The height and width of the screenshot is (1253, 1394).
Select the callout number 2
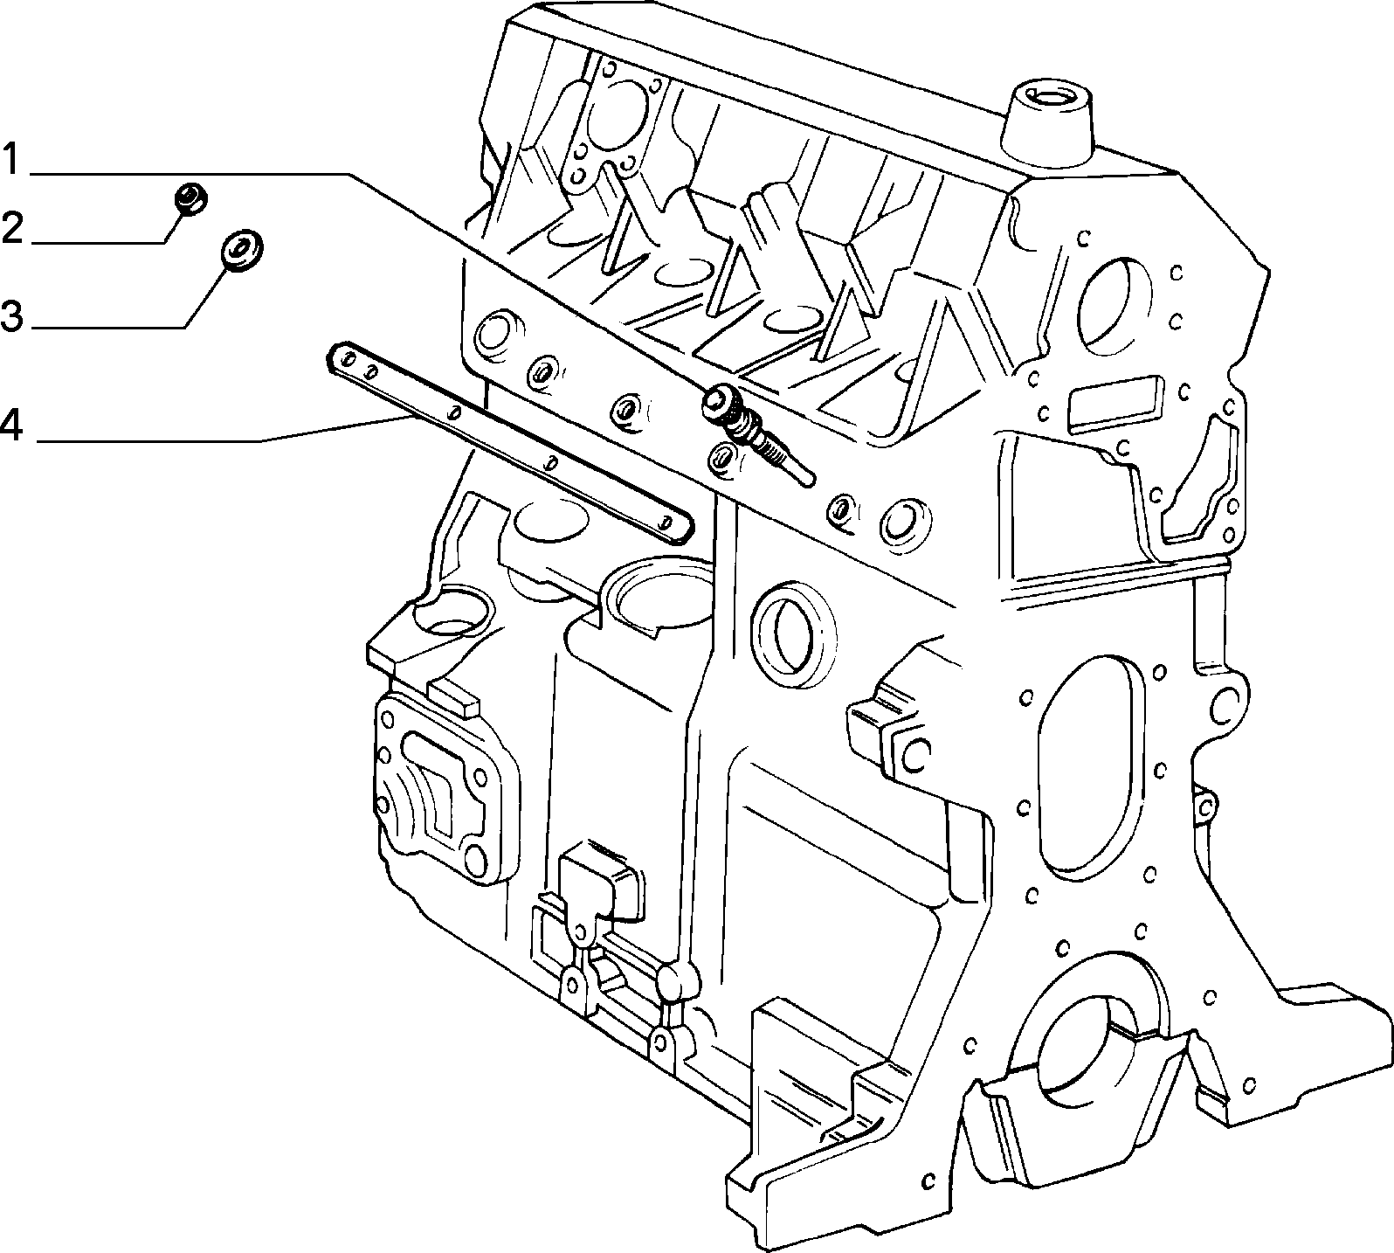click(x=11, y=228)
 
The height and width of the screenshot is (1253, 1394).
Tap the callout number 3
click(x=11, y=315)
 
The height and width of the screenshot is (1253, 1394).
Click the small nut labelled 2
click(x=190, y=198)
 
